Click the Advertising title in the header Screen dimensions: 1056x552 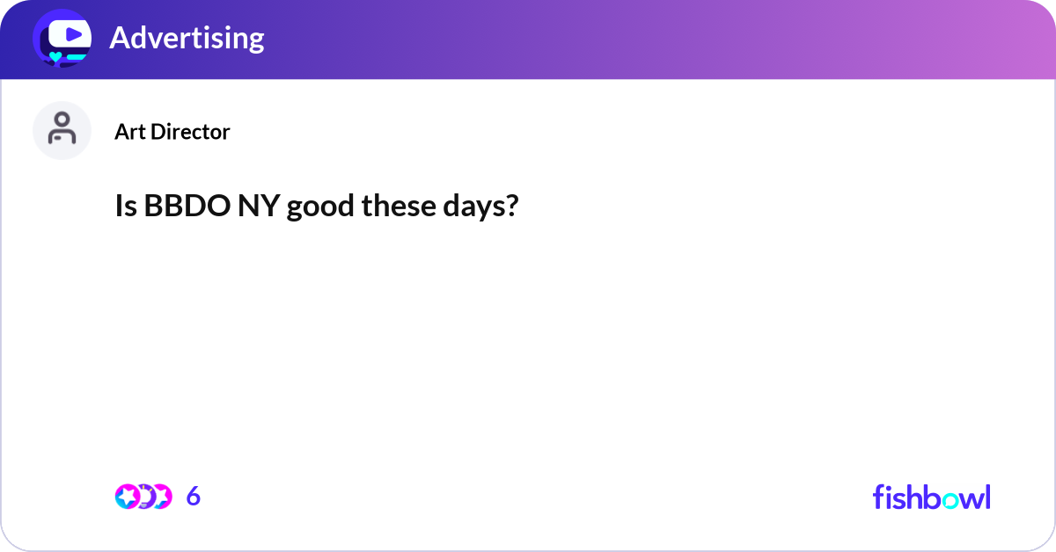pos(187,38)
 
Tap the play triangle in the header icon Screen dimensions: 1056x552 pos(74,34)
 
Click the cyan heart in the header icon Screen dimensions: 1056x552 pos(55,57)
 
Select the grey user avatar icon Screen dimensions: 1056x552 pos(62,130)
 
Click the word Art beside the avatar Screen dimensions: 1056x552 pos(130,132)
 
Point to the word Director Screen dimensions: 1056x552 pos(190,132)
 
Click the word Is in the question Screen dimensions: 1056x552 pos(126,206)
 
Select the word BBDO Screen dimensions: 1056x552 pos(187,206)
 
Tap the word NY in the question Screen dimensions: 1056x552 pos(259,206)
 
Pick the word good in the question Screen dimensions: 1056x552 pos(320,207)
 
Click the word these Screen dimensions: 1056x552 pos(399,206)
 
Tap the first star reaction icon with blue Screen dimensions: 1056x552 pos(128,497)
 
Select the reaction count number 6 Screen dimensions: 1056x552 pos(194,496)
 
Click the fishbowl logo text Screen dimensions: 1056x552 pos(932,497)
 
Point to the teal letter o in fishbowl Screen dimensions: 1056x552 pos(950,501)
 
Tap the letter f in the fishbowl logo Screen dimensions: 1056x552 pos(878,497)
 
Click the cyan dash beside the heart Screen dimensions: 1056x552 pos(77,57)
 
